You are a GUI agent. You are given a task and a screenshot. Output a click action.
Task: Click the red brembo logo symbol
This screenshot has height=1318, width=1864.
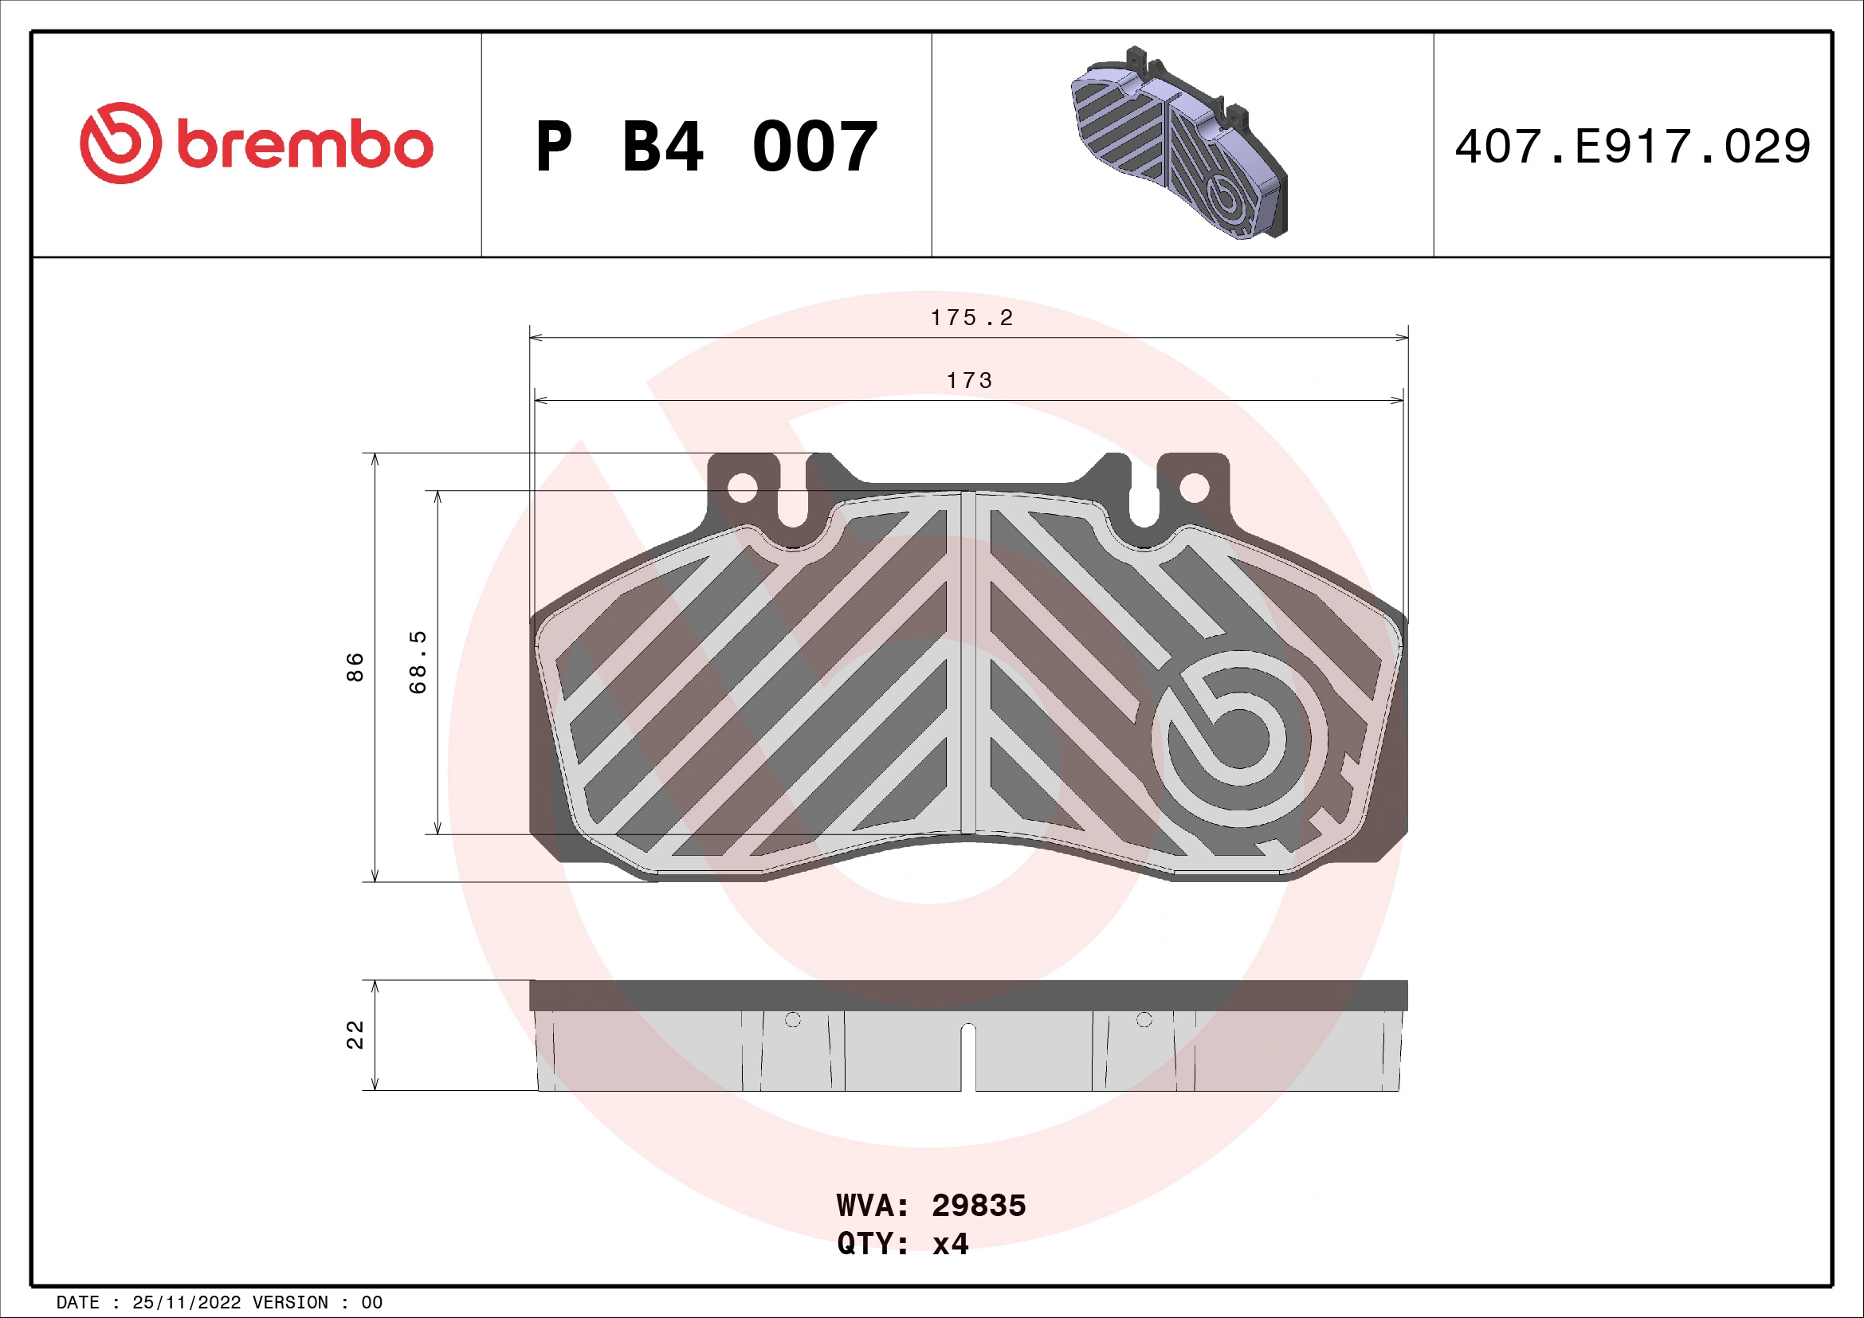pyautogui.click(x=120, y=143)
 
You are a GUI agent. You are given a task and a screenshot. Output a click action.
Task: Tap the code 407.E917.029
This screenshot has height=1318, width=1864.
pyautogui.click(x=1633, y=147)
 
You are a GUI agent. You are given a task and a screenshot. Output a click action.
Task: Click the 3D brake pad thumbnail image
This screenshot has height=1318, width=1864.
pyautogui.click(x=1179, y=144)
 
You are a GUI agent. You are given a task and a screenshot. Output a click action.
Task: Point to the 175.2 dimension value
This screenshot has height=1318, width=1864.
pyautogui.click(x=971, y=318)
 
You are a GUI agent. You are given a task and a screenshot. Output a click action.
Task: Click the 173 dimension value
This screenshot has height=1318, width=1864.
pyautogui.click(x=969, y=381)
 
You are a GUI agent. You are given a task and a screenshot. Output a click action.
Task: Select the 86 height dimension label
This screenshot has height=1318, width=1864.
pyautogui.click(x=355, y=667)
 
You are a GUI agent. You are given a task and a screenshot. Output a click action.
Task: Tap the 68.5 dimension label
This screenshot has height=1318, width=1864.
pyautogui.click(x=418, y=662)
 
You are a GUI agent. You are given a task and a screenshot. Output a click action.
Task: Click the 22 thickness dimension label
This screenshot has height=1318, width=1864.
pyautogui.click(x=355, y=1035)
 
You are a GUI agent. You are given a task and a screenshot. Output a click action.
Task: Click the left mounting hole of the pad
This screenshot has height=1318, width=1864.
pyautogui.click(x=742, y=488)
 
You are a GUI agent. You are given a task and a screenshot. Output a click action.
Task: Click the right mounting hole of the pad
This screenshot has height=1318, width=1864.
pyautogui.click(x=1194, y=488)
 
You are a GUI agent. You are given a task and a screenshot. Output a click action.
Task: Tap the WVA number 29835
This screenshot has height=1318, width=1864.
pyautogui.click(x=979, y=1206)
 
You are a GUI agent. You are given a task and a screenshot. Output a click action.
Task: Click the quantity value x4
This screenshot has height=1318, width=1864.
pyautogui.click(x=950, y=1244)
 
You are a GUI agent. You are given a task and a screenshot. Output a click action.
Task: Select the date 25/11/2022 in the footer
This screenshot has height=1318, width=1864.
pyautogui.click(x=186, y=1303)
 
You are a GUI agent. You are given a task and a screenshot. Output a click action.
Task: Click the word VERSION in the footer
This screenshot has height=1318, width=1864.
pyautogui.click(x=290, y=1303)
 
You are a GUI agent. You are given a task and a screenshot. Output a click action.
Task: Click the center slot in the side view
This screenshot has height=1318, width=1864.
pyautogui.click(x=967, y=1055)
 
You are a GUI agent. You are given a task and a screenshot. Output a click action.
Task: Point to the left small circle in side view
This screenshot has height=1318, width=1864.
pyautogui.click(x=793, y=1020)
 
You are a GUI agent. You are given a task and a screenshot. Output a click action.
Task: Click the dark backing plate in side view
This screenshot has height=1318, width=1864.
pyautogui.click(x=967, y=995)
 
